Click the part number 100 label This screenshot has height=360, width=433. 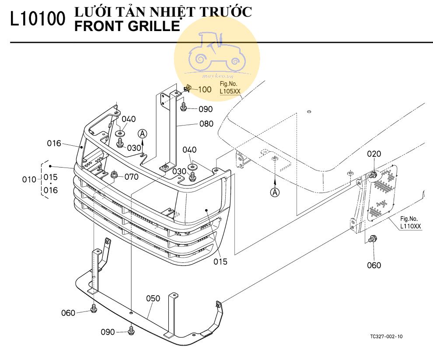click(x=205, y=90)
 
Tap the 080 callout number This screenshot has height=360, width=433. click(x=206, y=124)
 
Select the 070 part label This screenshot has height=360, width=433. click(x=131, y=177)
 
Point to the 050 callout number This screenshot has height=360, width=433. click(x=153, y=298)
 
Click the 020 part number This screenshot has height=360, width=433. click(x=374, y=154)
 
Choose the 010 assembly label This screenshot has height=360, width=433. click(x=28, y=179)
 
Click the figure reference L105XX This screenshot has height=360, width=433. click(x=230, y=91)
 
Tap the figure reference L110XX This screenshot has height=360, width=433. click(x=410, y=226)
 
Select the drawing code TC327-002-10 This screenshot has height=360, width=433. click(x=386, y=336)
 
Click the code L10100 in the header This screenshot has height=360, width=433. click(x=38, y=20)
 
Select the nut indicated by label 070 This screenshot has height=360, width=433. click(x=115, y=175)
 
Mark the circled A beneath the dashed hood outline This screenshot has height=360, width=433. click(x=275, y=192)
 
